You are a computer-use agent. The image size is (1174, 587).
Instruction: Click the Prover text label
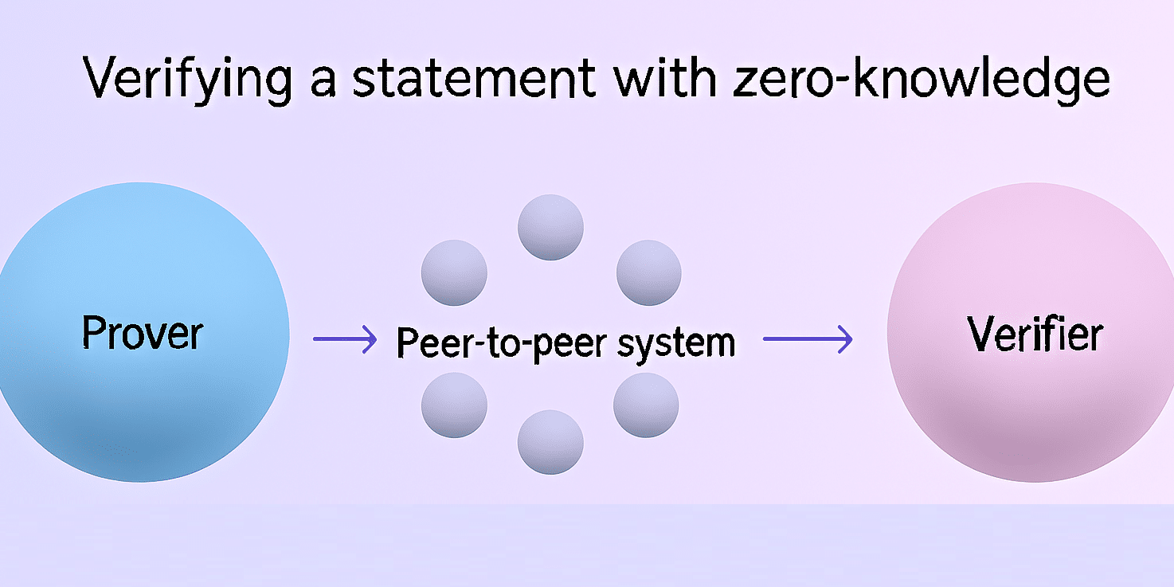(143, 332)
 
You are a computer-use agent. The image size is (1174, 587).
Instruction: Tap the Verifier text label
(1035, 334)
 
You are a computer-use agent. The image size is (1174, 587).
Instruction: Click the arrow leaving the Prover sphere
(344, 340)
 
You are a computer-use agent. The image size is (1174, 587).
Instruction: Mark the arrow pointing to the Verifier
(808, 340)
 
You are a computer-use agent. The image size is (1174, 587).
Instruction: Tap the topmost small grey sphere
(550, 228)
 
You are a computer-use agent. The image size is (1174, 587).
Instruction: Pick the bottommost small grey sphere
(550, 442)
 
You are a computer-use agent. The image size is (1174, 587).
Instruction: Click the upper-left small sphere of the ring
(454, 272)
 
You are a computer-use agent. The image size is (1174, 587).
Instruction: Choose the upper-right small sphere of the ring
(649, 272)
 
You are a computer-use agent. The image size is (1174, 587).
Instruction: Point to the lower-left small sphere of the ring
(454, 405)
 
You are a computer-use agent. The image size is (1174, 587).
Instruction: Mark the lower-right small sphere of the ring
(646, 405)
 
